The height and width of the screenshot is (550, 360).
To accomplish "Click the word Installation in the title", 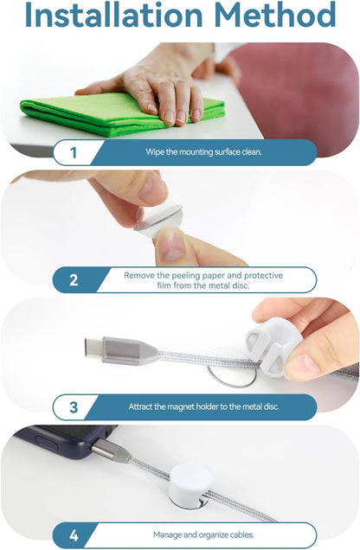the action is coord(114,15).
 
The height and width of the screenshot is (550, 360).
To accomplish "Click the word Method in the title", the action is coord(274,15).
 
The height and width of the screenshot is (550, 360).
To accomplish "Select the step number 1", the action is coord(73,152).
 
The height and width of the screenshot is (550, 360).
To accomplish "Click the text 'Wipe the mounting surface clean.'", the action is coord(203,152).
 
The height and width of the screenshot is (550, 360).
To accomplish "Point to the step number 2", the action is coord(74,280).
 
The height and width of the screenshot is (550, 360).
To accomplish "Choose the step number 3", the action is coord(74,407).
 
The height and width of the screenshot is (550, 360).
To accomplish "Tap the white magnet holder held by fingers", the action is coord(273,348).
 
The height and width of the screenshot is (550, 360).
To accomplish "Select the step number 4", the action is coord(74,535).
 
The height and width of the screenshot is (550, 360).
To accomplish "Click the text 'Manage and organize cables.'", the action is coord(203,535).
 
